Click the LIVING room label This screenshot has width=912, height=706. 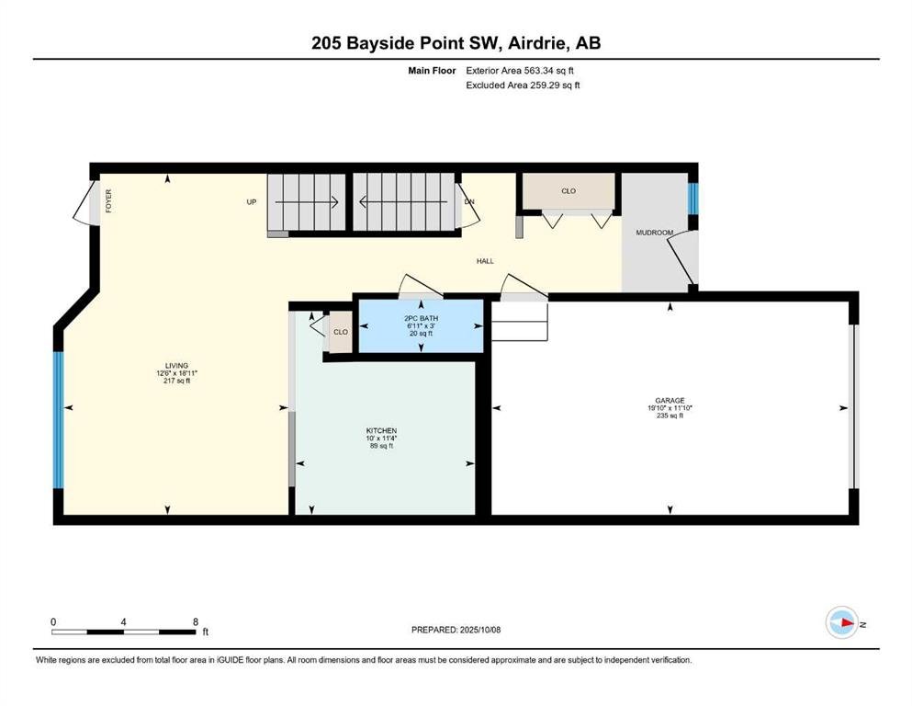point(177,366)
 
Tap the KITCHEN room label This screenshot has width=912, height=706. point(381,431)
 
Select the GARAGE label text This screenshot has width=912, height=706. point(670,401)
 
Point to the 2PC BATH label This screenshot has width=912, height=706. point(422,318)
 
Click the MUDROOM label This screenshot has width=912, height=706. point(654,233)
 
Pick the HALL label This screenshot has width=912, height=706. point(485,261)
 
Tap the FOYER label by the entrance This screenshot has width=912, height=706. point(108,200)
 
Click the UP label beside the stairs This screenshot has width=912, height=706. point(252,202)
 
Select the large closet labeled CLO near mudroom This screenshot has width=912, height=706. point(569,191)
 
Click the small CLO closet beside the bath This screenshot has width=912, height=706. point(341,332)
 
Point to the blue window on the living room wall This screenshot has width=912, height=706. point(58,419)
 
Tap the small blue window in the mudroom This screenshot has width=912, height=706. point(692,199)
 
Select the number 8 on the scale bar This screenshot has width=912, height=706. point(196,621)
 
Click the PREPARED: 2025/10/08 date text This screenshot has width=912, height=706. point(456,630)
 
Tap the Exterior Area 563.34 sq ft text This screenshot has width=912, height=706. point(520,71)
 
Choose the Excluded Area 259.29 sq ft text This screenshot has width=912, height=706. point(523,85)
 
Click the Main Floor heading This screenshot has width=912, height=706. point(432,71)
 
